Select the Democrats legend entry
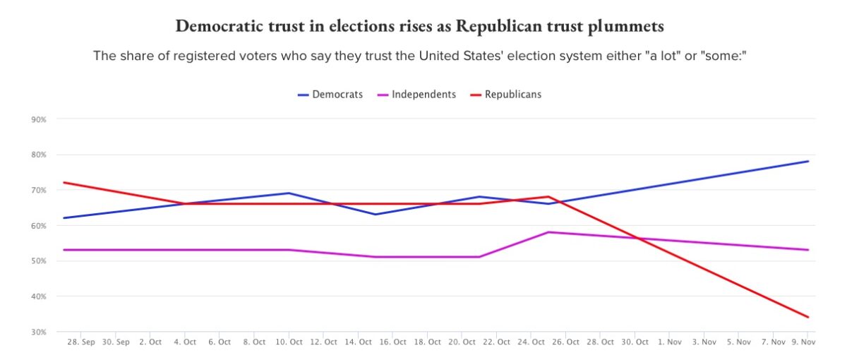pos(330,94)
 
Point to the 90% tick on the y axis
pos(39,119)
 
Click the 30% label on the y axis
pos(39,332)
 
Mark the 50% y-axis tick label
pos(39,261)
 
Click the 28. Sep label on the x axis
pos(80,342)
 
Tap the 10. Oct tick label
pos(289,342)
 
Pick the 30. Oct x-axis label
pos(635,342)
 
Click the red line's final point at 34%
pos(808,317)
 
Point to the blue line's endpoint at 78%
pos(808,162)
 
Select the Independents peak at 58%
pos(548,232)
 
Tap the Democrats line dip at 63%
pos(376,215)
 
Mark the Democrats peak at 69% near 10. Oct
pos(289,193)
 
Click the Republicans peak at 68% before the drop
pos(548,197)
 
